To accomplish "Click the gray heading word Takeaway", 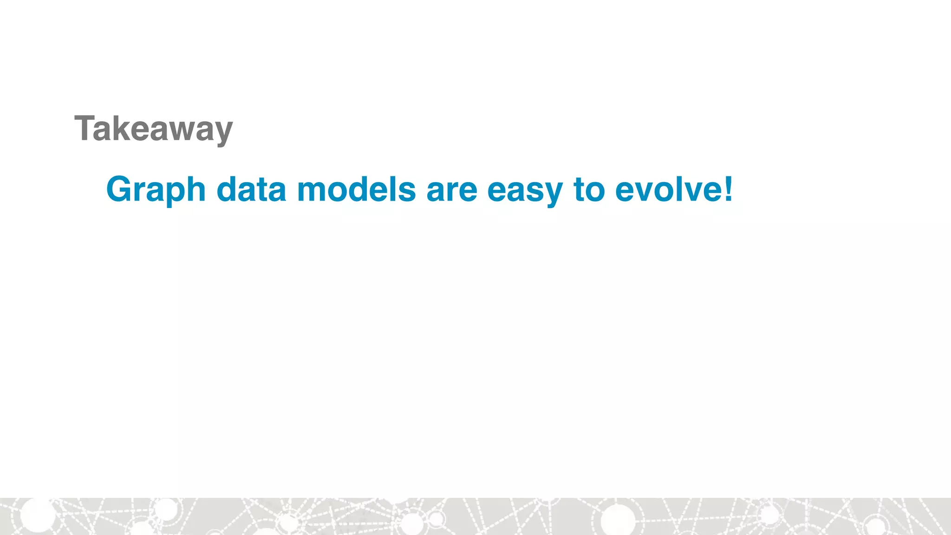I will [153, 129].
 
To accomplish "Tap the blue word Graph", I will [156, 190].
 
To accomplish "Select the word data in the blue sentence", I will [251, 190].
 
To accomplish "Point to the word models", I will [356, 190].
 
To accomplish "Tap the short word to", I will [589, 190].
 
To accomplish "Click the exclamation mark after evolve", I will [728, 189].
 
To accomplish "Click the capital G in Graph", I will [120, 189].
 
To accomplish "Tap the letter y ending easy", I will [553, 194].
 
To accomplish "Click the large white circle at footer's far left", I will [37, 515].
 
